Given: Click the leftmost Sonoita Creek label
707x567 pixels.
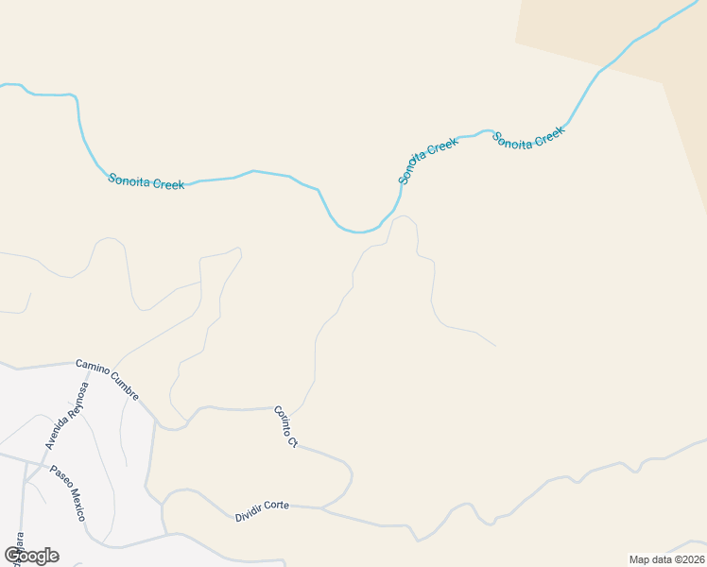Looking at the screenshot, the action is (x=146, y=181).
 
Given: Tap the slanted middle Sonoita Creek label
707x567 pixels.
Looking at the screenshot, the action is (x=426, y=161).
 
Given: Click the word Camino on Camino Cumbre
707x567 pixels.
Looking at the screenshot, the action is (x=92, y=367).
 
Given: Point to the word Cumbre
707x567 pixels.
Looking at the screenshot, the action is (x=125, y=384).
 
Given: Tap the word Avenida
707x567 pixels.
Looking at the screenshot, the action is (x=58, y=433).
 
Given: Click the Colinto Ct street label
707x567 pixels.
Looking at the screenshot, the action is (x=285, y=426).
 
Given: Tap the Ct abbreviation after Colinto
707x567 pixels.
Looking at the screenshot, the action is (x=293, y=441).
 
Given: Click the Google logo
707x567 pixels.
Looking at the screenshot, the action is (x=31, y=556).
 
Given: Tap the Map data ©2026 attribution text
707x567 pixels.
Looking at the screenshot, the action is (x=666, y=559).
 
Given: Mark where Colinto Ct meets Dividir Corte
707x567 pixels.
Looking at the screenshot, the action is (x=322, y=508).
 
